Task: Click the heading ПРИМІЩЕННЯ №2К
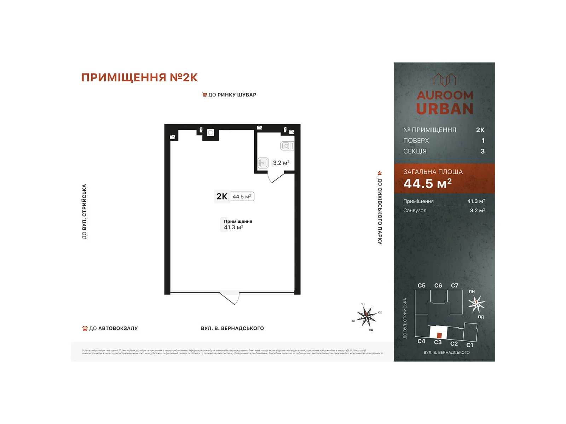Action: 139,77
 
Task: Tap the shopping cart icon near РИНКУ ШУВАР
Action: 204,95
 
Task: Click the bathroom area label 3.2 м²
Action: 281,163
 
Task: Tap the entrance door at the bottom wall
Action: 230,298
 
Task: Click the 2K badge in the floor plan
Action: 222,196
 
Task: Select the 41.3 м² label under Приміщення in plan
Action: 233,228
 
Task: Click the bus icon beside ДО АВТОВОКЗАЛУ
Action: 85,328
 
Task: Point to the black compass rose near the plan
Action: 366,316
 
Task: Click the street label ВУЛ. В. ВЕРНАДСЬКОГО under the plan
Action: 232,328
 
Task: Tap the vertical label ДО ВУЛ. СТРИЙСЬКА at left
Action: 84,212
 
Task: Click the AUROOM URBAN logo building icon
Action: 444,80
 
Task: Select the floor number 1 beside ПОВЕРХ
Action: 483,141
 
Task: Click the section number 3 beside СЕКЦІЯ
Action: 483,151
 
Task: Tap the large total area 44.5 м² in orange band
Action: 427,184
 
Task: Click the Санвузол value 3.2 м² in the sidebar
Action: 477,211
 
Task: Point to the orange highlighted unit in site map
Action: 439,335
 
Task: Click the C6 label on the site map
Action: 438,285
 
